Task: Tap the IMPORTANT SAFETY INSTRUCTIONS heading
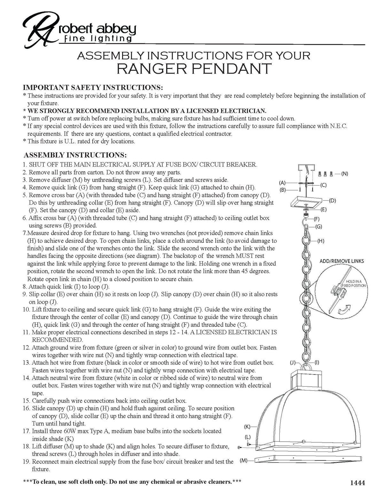(93, 88)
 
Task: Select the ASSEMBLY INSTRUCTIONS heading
(75, 155)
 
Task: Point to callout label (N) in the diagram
(344, 174)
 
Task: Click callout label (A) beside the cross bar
(282, 182)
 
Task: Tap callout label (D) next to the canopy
(332, 201)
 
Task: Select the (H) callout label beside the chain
(321, 241)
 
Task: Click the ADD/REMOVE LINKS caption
(342, 261)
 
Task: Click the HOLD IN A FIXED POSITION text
(353, 283)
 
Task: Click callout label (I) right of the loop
(317, 362)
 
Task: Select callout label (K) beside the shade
(247, 427)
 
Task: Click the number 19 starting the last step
(27, 461)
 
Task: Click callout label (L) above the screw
(247, 437)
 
